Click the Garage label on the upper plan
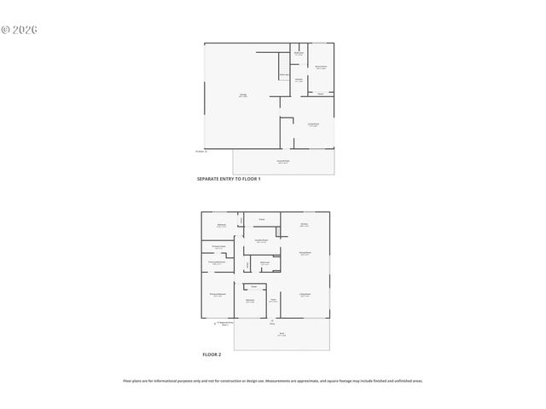coord(243,95)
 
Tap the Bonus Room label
coord(321,66)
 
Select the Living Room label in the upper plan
coord(313,124)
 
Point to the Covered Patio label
coord(282,161)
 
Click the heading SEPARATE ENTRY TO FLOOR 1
coord(229,180)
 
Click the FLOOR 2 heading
coord(212,354)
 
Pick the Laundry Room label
coord(262,241)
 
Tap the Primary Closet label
coord(218,247)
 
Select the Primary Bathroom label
coord(217,263)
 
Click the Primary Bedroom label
coord(218,294)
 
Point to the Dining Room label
coord(305,253)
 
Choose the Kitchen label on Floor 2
coord(305,225)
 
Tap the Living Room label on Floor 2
coord(305,295)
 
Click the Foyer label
coord(273,301)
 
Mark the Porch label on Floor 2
coord(282,335)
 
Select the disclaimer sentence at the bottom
coord(273,381)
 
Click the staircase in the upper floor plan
coord(284,75)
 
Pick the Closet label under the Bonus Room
coord(320,93)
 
